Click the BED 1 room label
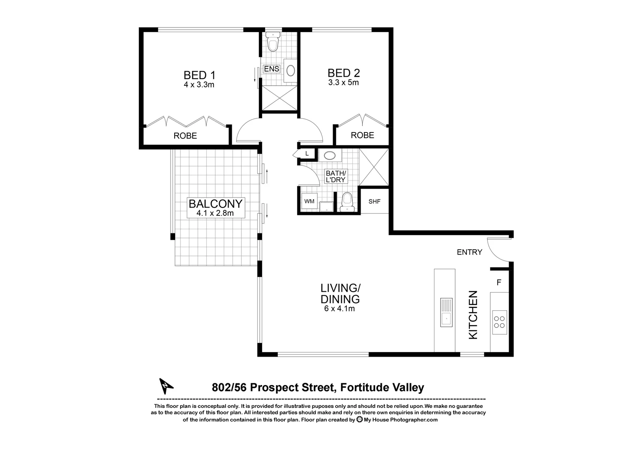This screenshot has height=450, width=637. point(199,75)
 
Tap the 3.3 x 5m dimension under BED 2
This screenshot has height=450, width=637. point(344,82)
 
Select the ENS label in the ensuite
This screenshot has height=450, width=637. point(271,69)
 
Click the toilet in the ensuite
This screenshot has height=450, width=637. point(273,43)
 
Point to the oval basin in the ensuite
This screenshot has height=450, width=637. point(291,70)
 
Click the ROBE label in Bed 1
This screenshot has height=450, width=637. point(185,136)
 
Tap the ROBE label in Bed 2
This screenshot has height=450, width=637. point(362,135)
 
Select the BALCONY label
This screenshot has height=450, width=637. point(215,204)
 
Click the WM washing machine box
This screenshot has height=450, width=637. point(309,202)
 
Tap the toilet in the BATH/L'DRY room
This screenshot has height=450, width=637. point(346,202)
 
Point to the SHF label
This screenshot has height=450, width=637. point(374,202)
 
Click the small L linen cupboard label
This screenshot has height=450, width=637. point(307,154)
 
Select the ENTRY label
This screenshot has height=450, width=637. point(469,252)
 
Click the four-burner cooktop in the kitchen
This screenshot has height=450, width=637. point(499,322)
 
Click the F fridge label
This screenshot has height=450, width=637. point(499,282)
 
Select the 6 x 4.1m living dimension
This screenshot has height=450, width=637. point(339,309)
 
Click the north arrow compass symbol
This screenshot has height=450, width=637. point(166,386)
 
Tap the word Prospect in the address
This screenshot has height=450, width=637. point(274,388)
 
